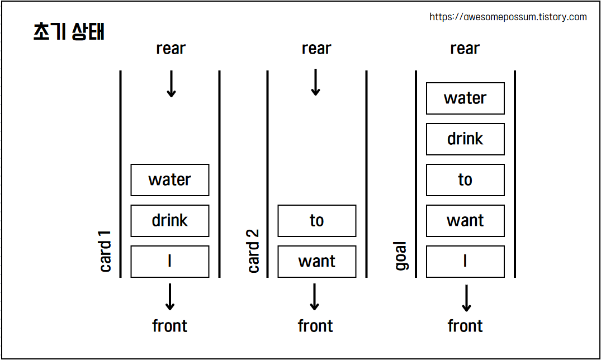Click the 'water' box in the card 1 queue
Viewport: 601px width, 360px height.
click(170, 180)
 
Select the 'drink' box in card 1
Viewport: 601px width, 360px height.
click(170, 221)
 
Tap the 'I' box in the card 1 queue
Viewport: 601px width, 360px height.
click(170, 262)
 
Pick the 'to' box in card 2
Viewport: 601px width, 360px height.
click(317, 221)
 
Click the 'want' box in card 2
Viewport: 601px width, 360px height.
click(317, 262)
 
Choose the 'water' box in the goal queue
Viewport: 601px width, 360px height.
click(465, 98)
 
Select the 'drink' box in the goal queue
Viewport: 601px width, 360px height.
click(465, 139)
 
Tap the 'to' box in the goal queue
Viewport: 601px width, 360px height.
click(465, 180)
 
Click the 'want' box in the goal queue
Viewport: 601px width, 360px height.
click(465, 221)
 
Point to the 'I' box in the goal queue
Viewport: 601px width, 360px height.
click(465, 262)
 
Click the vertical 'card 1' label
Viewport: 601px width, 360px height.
click(106, 251)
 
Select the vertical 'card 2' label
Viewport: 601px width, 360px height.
click(253, 251)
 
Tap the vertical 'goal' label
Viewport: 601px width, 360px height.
click(401, 257)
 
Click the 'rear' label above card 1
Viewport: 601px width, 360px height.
click(171, 49)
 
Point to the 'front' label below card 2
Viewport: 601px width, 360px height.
click(315, 326)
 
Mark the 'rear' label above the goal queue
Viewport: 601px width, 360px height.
click(465, 49)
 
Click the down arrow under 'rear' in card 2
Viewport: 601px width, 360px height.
click(315, 82)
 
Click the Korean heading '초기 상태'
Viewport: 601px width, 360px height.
click(69, 32)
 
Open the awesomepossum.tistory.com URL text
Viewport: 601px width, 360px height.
click(508, 17)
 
